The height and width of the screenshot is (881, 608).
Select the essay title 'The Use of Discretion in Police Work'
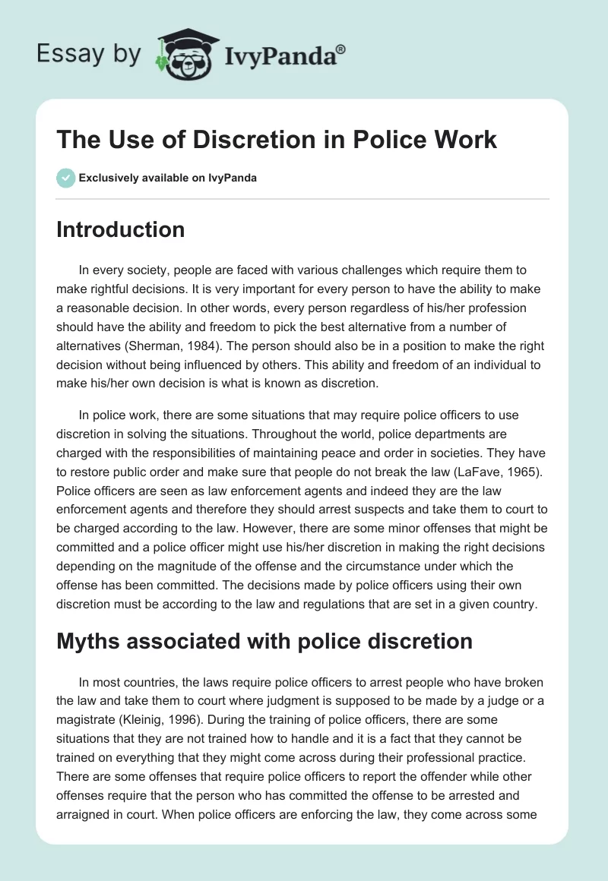277,140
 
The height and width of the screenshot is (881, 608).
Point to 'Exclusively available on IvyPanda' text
168,178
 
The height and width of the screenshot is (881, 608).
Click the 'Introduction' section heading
120,229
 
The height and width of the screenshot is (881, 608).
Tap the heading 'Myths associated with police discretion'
264,641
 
